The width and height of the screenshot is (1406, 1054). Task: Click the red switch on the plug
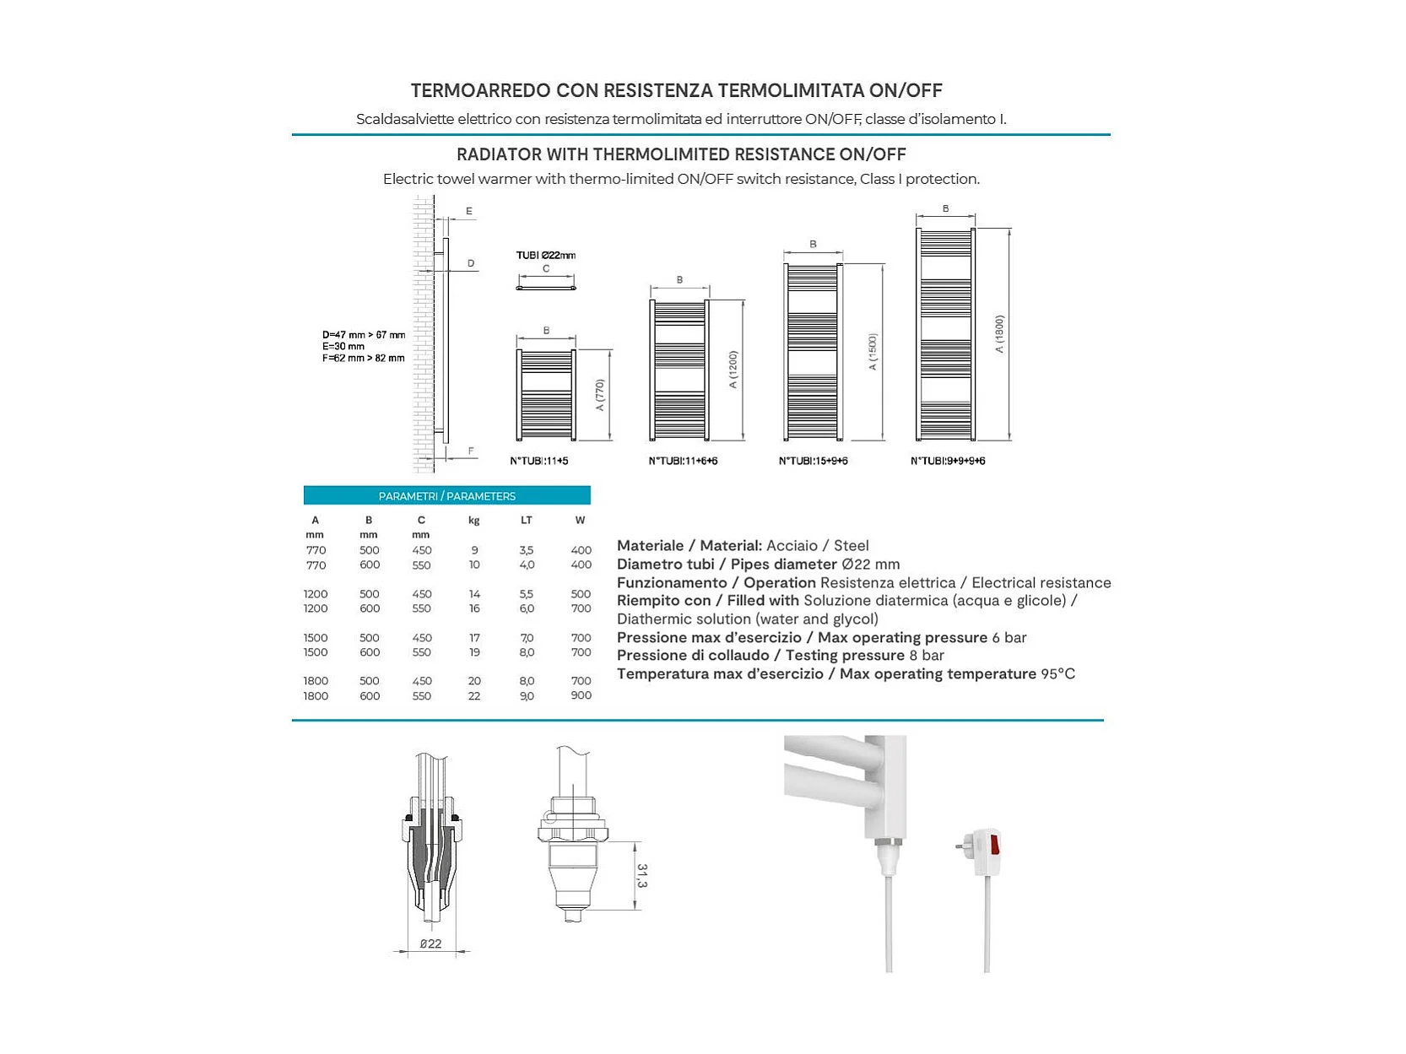[995, 843]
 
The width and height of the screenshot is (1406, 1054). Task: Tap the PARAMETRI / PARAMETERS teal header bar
[446, 495]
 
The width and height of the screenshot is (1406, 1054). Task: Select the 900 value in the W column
[581, 695]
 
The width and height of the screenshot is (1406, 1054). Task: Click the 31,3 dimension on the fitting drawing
[642, 876]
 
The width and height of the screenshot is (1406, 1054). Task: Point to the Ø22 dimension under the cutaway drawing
[430, 943]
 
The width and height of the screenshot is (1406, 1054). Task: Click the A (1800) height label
[999, 334]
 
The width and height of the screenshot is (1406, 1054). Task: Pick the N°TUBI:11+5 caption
[539, 461]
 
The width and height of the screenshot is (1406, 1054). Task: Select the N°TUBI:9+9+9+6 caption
[948, 461]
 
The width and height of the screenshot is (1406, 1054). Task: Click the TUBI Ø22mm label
[546, 255]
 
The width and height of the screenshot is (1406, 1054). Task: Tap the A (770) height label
[600, 395]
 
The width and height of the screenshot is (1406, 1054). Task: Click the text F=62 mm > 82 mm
[363, 358]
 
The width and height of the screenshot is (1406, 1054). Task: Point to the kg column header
[474, 520]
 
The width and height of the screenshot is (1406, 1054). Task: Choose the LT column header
[527, 520]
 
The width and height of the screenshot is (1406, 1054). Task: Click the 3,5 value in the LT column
[527, 550]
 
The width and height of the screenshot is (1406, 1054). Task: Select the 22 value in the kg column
[474, 695]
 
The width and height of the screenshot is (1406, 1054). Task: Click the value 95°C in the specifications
[1057, 673]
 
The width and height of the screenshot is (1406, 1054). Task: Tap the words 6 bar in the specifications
[1009, 637]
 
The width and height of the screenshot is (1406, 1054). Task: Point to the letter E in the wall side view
[469, 211]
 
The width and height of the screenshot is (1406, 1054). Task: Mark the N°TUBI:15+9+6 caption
[814, 461]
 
